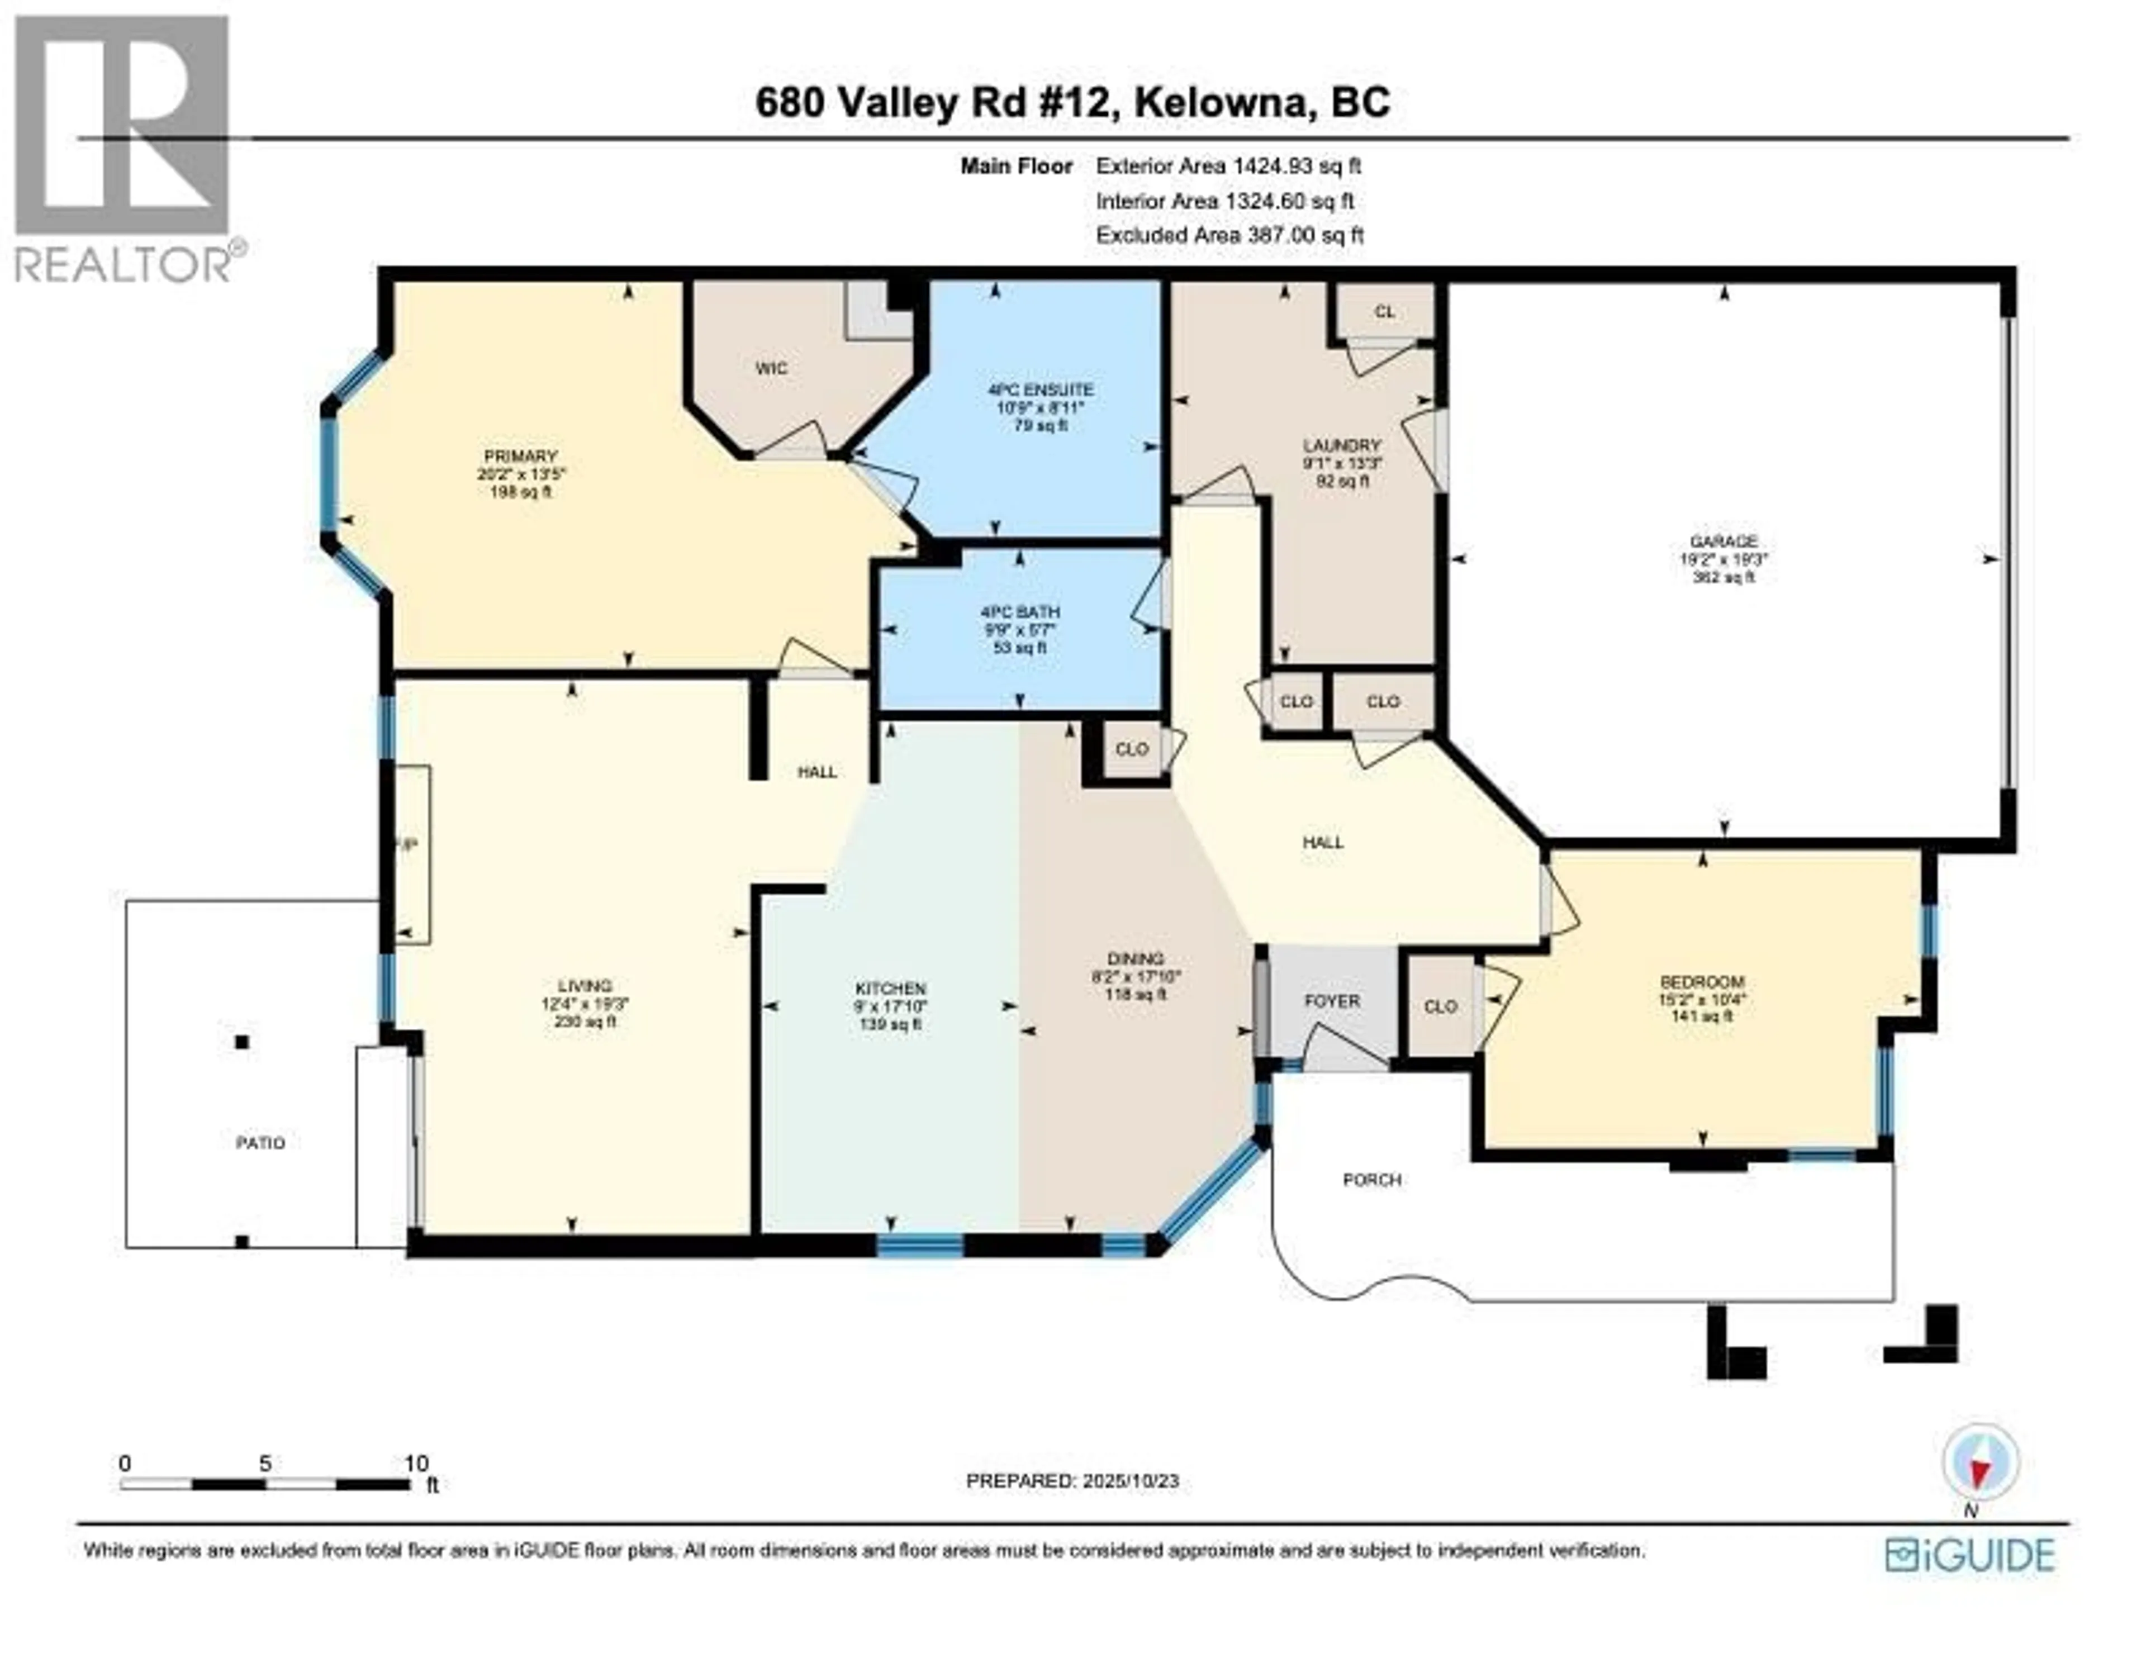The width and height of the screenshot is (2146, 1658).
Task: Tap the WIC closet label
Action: [771, 369]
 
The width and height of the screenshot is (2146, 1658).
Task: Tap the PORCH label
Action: [1372, 1179]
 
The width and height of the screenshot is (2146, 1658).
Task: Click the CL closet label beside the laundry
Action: [1384, 312]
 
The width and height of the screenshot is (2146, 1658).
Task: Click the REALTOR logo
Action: [123, 148]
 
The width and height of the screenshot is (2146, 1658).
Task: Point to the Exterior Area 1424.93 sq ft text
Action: [1228, 166]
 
